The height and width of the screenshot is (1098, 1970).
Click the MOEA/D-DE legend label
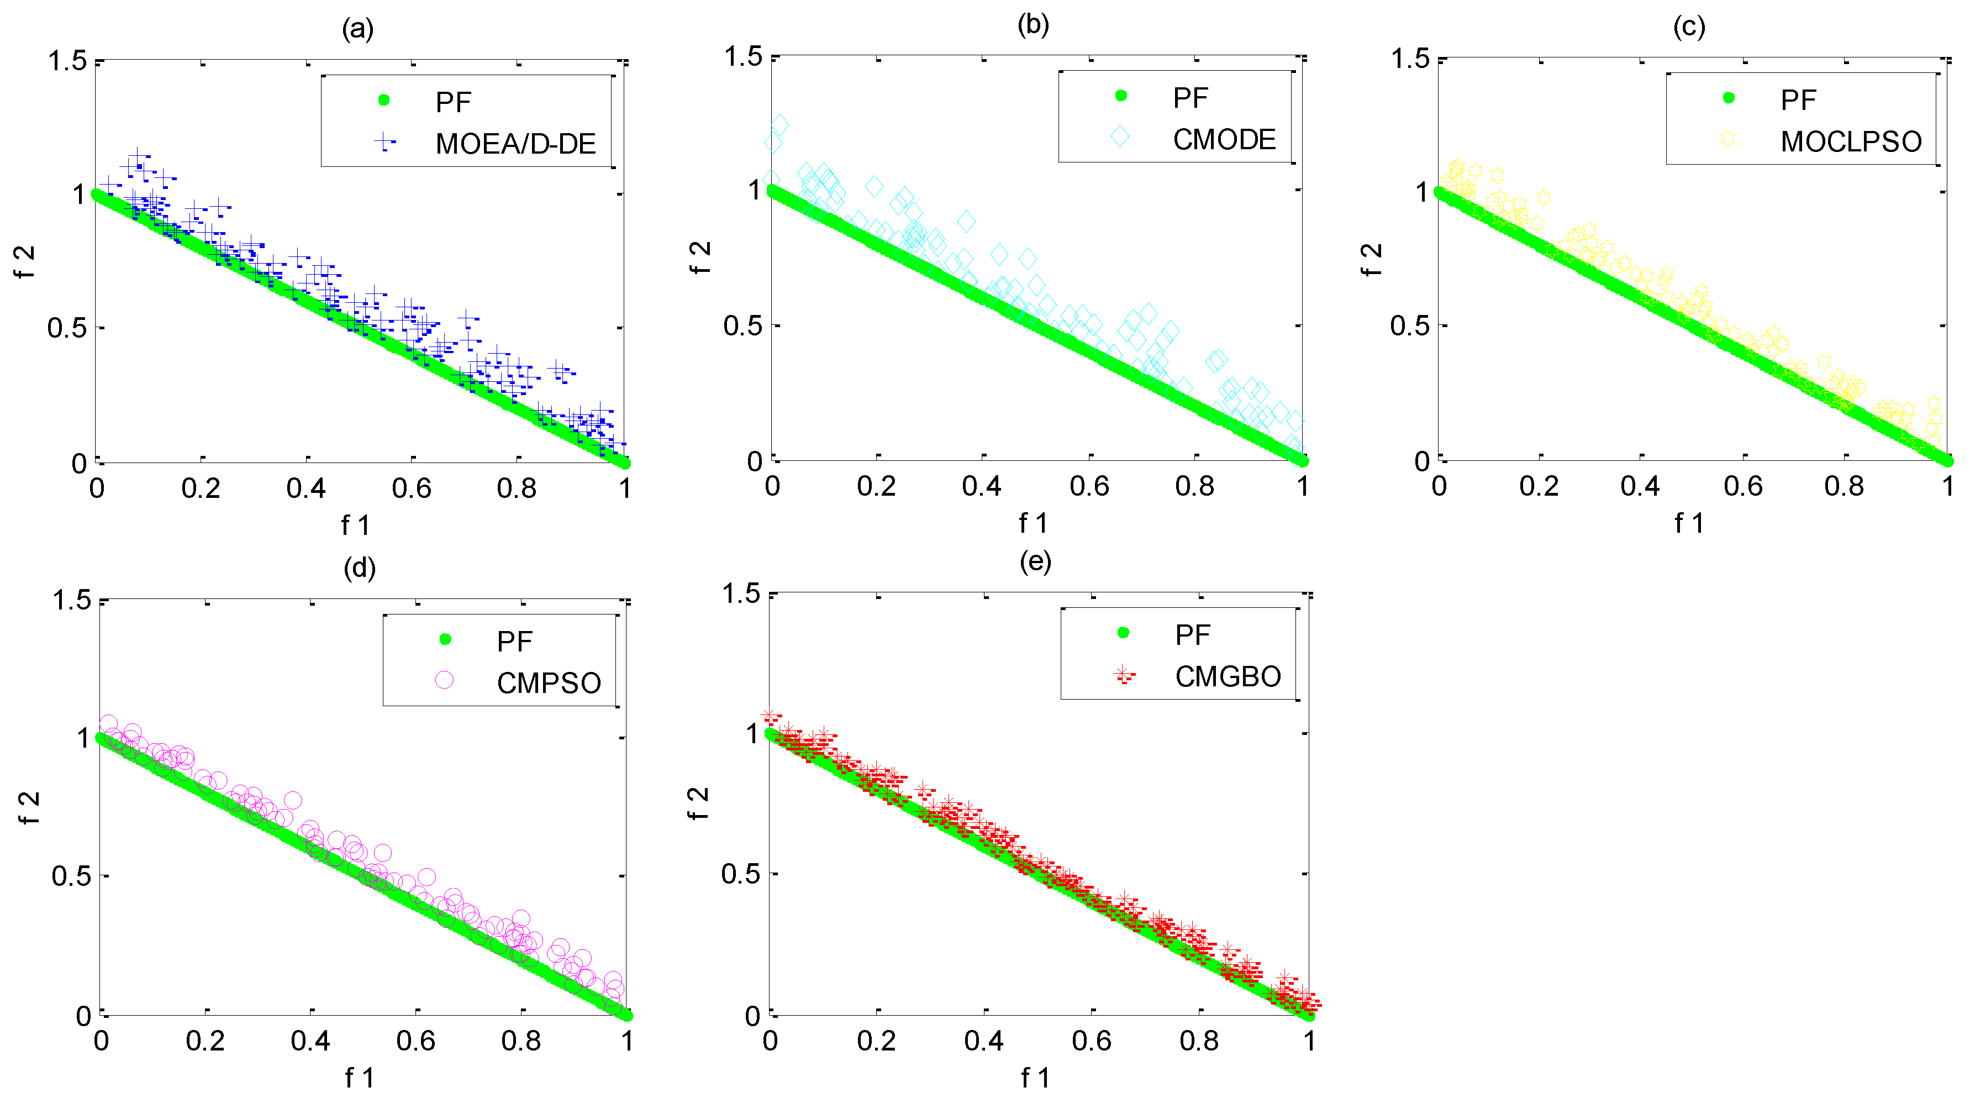pos(515,144)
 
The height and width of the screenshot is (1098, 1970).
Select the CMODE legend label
pos(1224,139)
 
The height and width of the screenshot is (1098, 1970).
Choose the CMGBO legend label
pos(1228,676)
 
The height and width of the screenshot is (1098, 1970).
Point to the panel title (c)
pos(1689,27)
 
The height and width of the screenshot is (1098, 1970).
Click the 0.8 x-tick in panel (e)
pos(1198,1041)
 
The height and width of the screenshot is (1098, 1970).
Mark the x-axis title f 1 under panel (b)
pos(1033,523)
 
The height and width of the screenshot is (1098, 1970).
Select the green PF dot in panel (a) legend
pos(384,99)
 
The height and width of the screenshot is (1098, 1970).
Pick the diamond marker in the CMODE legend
pos(1120,137)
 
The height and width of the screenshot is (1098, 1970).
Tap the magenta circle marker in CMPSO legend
pos(444,680)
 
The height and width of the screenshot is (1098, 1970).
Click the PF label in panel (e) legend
pos(1192,634)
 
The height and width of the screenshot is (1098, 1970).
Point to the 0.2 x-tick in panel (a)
pos(201,488)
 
